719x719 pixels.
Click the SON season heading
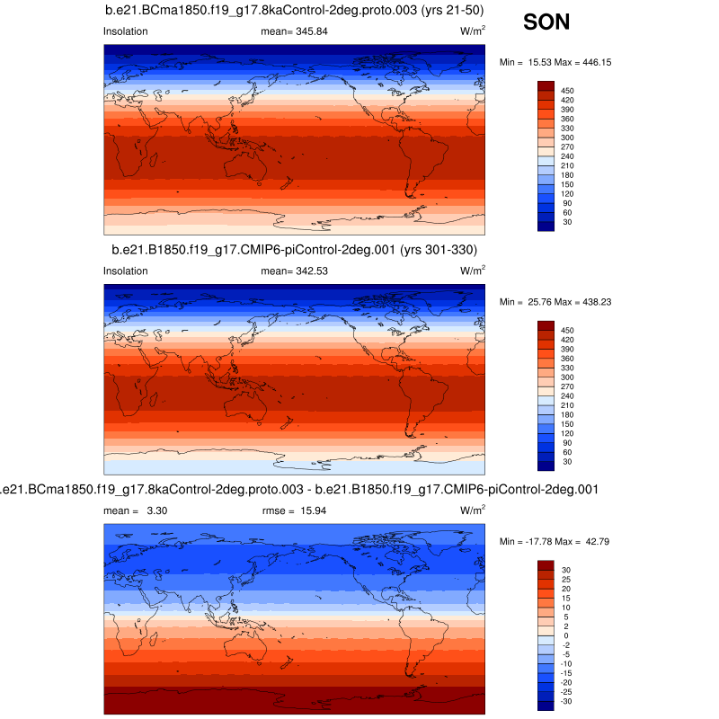pyautogui.click(x=546, y=22)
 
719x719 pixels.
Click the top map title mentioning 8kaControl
pyautogui.click(x=297, y=11)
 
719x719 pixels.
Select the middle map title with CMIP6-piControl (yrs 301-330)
pyautogui.click(x=294, y=249)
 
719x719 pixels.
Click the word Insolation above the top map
pyautogui.click(x=126, y=31)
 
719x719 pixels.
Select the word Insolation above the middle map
pyautogui.click(x=126, y=271)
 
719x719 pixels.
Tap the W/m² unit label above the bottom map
pyautogui.click(x=473, y=510)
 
